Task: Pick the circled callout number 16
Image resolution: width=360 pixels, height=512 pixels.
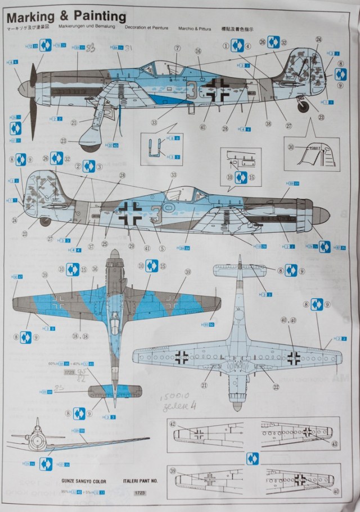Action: pos(198,51)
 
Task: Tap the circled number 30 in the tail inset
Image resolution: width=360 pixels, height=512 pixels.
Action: pos(290,148)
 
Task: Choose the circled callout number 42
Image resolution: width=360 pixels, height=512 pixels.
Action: pos(173,424)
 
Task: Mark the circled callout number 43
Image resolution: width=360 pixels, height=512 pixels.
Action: pos(335,444)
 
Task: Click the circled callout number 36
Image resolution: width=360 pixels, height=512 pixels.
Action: pos(94,269)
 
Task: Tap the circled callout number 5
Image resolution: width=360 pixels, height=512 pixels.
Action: pos(161,248)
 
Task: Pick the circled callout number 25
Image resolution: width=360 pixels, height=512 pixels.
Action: pos(105,243)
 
